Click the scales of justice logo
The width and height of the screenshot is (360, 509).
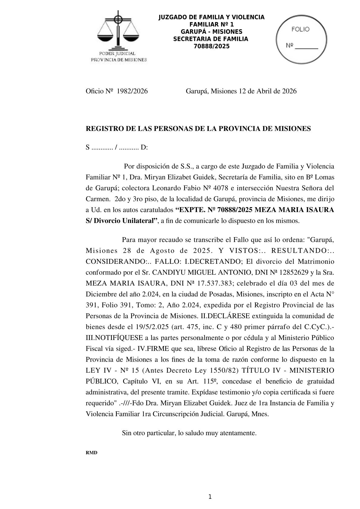coord(118,30)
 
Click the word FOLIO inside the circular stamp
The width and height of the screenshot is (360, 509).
coord(300,29)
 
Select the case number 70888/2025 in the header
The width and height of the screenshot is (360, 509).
coord(211,46)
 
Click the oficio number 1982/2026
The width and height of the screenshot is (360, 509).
coord(132,91)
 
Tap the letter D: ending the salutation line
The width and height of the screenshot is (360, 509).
coord(144,148)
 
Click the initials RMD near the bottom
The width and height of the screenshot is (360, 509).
coord(92,453)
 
